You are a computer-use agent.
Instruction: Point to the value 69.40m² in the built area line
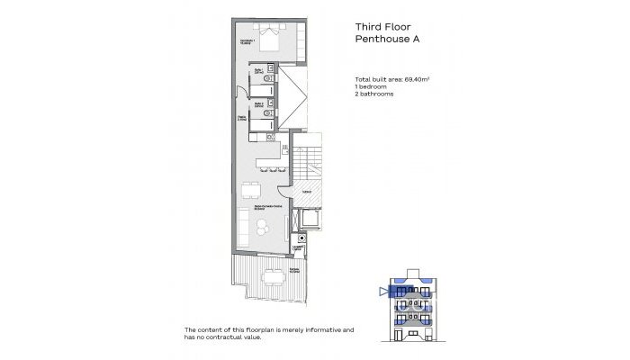pos(415,81)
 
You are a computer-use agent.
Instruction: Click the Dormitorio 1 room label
pos(247,41)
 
